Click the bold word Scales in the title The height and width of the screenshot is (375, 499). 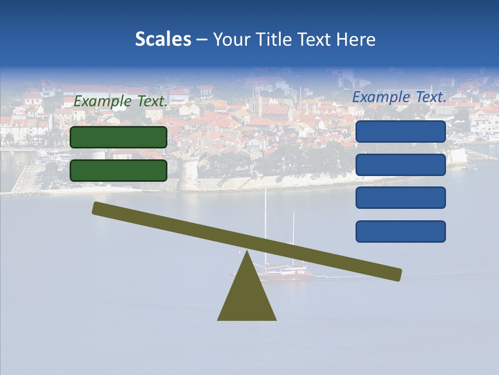point(163,39)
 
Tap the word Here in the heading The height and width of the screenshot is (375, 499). point(356,39)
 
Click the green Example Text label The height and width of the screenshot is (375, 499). point(121,101)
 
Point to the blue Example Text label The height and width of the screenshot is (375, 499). point(399,97)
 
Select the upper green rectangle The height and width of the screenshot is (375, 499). point(119,137)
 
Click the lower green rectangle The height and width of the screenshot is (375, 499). point(119,170)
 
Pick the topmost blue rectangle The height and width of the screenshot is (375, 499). point(401,132)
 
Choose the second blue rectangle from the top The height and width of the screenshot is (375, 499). point(401,165)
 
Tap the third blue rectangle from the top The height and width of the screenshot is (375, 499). point(401,198)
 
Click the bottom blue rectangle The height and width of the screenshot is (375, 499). point(401,231)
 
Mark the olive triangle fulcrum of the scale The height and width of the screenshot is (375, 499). point(247,297)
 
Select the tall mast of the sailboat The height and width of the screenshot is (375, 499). point(266,224)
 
